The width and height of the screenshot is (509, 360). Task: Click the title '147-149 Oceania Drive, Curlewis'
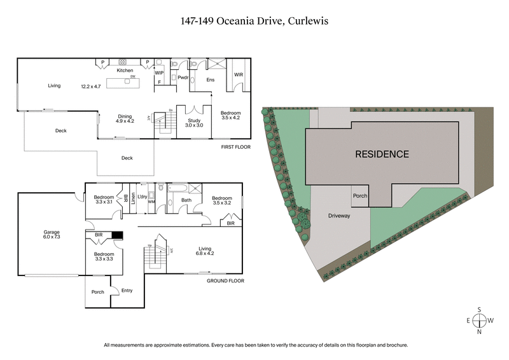[254, 20]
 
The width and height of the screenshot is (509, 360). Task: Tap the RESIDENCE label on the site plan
[382, 154]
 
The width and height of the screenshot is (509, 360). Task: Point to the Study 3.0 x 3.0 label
[194, 122]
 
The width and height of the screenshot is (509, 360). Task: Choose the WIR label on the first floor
[239, 75]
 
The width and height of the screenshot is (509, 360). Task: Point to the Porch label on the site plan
[359, 196]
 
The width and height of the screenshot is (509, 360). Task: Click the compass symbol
[479, 320]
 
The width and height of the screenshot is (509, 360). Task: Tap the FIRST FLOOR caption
[235, 147]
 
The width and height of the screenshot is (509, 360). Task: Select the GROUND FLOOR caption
[226, 280]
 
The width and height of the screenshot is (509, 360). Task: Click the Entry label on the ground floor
[127, 291]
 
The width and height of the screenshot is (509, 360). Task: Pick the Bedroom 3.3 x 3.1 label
[104, 200]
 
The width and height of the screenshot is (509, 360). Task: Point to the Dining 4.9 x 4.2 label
[124, 119]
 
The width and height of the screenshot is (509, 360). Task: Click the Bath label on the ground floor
[186, 200]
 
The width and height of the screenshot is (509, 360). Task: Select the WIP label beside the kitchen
[159, 73]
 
